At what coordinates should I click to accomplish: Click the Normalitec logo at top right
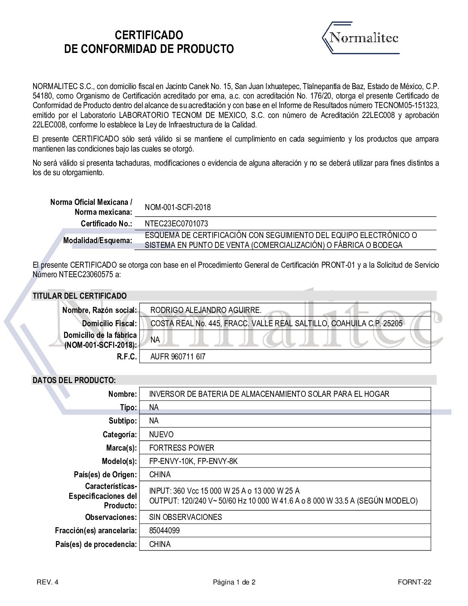click(361, 39)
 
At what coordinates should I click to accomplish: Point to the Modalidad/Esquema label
click(98, 241)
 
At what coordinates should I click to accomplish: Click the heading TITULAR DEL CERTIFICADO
click(80, 296)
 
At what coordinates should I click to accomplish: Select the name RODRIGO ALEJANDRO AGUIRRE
click(206, 310)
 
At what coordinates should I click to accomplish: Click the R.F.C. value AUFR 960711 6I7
click(175, 357)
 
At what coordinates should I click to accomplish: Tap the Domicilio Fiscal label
click(110, 324)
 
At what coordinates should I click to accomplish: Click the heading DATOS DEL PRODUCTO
click(74, 380)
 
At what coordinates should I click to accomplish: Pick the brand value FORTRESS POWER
click(182, 448)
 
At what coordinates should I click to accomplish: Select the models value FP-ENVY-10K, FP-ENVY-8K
click(193, 461)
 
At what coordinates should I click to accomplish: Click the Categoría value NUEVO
click(161, 434)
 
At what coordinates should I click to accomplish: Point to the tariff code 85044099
click(164, 531)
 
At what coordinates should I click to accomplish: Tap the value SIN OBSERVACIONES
click(185, 517)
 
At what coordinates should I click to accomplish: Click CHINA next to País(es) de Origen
click(160, 475)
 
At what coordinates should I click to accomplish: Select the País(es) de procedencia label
click(96, 544)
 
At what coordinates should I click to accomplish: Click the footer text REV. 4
click(47, 583)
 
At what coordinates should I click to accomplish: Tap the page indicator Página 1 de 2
click(234, 583)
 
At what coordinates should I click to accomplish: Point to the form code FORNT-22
click(415, 583)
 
